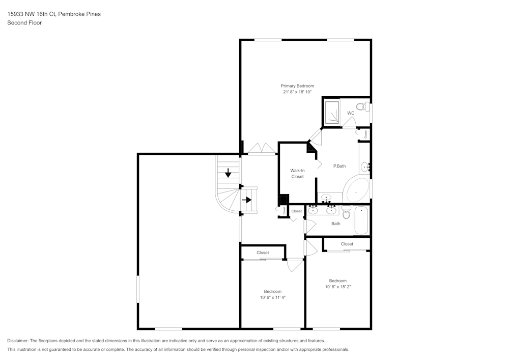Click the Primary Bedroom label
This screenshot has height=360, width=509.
(297, 86)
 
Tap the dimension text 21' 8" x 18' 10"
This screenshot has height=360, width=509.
(297, 92)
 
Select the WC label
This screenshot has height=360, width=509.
(351, 113)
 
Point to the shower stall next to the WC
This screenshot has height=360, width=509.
(332, 112)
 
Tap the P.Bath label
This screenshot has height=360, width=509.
(340, 166)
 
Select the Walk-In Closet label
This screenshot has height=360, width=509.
(297, 173)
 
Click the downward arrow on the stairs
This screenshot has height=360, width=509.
(228, 173)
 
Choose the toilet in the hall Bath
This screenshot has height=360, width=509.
(347, 213)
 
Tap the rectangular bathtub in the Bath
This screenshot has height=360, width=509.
(361, 220)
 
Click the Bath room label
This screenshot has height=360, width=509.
(336, 224)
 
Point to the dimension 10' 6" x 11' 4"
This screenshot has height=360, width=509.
(273, 297)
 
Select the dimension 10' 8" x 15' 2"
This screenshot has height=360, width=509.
(337, 287)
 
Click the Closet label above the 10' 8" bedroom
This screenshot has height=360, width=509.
(347, 244)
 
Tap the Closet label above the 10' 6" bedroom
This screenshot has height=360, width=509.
(263, 253)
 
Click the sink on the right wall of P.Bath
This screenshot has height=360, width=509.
(365, 167)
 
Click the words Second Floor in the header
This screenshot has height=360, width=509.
(24, 23)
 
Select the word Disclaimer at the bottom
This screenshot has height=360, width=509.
(18, 341)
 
